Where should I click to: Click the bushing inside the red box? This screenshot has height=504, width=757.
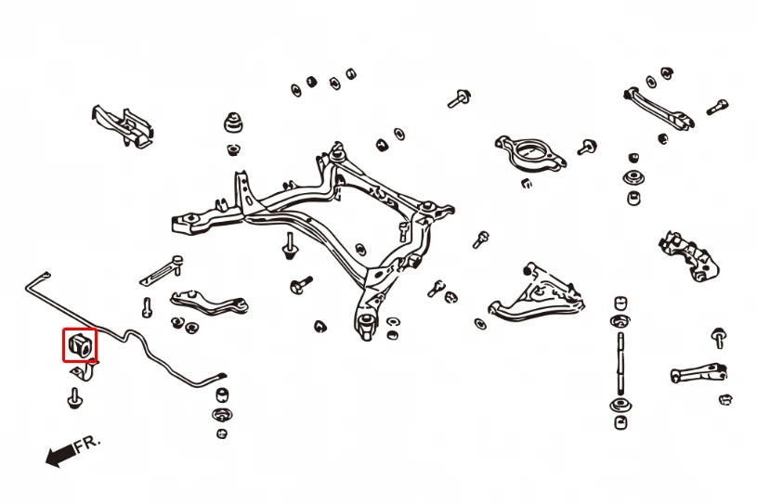coord(80,345)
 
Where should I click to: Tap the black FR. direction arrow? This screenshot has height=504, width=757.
coord(61,455)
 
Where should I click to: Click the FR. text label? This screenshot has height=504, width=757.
coord(88,444)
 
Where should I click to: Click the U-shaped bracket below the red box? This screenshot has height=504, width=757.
coord(85,370)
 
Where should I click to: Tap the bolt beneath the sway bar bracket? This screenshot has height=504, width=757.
coord(75,398)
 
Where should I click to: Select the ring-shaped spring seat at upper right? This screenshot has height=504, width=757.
coord(530,154)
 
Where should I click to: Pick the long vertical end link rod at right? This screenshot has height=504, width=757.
coord(620,363)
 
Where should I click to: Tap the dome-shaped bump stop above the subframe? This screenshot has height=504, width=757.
coord(233,123)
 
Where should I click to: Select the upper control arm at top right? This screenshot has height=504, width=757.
coord(659,109)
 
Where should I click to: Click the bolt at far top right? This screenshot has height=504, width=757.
coord(717,107)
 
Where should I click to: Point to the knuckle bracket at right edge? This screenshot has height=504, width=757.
coord(689,256)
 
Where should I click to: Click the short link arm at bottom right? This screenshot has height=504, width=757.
coord(698,373)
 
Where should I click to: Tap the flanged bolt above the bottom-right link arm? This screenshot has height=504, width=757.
coord(719,338)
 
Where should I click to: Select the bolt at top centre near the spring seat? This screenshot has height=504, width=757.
coord(460,99)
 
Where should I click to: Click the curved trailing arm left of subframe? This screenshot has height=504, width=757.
coord(209,303)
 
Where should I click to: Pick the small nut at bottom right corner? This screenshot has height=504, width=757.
coord(725,399)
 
